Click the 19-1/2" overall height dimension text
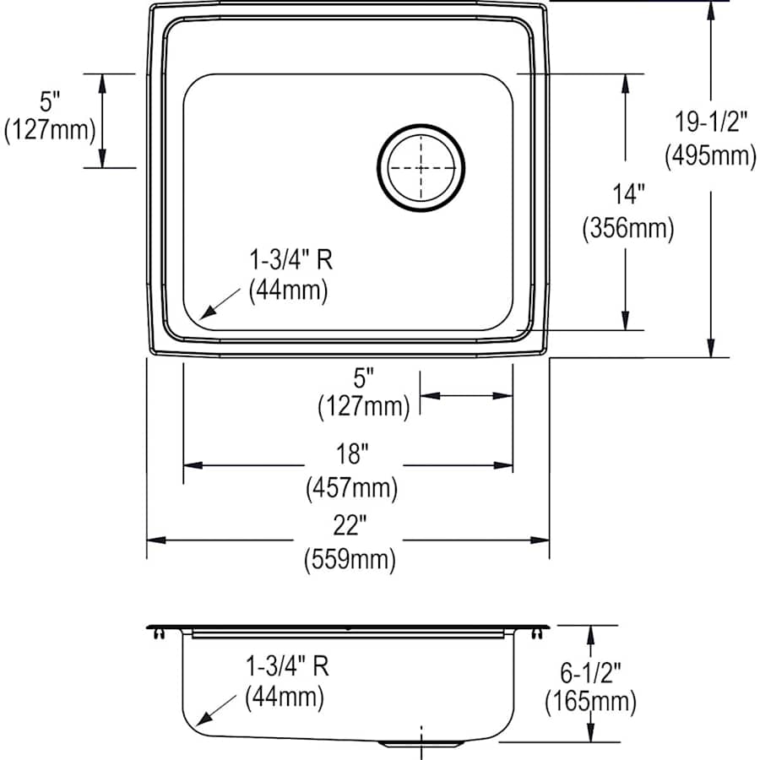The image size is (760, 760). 710,122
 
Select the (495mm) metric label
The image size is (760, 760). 710,156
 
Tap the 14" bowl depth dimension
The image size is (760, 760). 627,194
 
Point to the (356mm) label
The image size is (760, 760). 627,229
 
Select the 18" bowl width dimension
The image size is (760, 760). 350,453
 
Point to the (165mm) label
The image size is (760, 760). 590,700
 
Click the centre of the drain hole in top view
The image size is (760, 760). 421,167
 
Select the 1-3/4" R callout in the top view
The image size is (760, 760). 290,259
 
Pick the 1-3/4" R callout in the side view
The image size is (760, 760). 286,665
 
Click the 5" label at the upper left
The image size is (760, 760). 50,102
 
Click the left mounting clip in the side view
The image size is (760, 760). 157,633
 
